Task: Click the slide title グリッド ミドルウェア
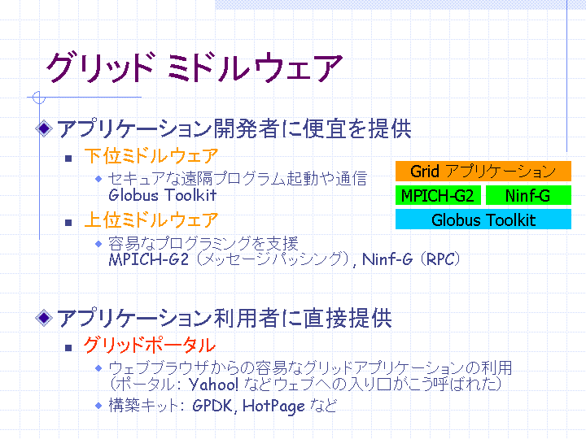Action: pyautogui.click(x=195, y=67)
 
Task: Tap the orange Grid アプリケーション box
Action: pyautogui.click(x=483, y=172)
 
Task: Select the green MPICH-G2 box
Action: pyautogui.click(x=438, y=196)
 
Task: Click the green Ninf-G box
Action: pyautogui.click(x=528, y=196)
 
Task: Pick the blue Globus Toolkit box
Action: pyautogui.click(x=483, y=219)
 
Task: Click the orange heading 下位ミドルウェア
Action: pyautogui.click(x=151, y=155)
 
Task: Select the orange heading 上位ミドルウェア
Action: pyautogui.click(x=151, y=219)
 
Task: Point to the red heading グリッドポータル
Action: pyautogui.click(x=150, y=345)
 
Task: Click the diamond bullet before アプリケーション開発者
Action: pyautogui.click(x=44, y=128)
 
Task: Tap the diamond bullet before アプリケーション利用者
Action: pyautogui.click(x=44, y=318)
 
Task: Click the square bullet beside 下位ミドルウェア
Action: pyautogui.click(x=68, y=159)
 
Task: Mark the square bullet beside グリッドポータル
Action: pyautogui.click(x=68, y=348)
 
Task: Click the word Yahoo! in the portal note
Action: pyautogui.click(x=213, y=384)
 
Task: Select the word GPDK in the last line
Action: pyautogui.click(x=212, y=406)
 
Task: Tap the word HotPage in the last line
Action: pyautogui.click(x=274, y=406)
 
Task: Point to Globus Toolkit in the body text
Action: pyautogui.click(x=163, y=195)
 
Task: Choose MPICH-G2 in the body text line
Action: pyautogui.click(x=149, y=259)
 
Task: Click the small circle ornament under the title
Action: pyautogui.click(x=39, y=98)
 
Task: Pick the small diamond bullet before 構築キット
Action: pyautogui.click(x=98, y=406)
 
